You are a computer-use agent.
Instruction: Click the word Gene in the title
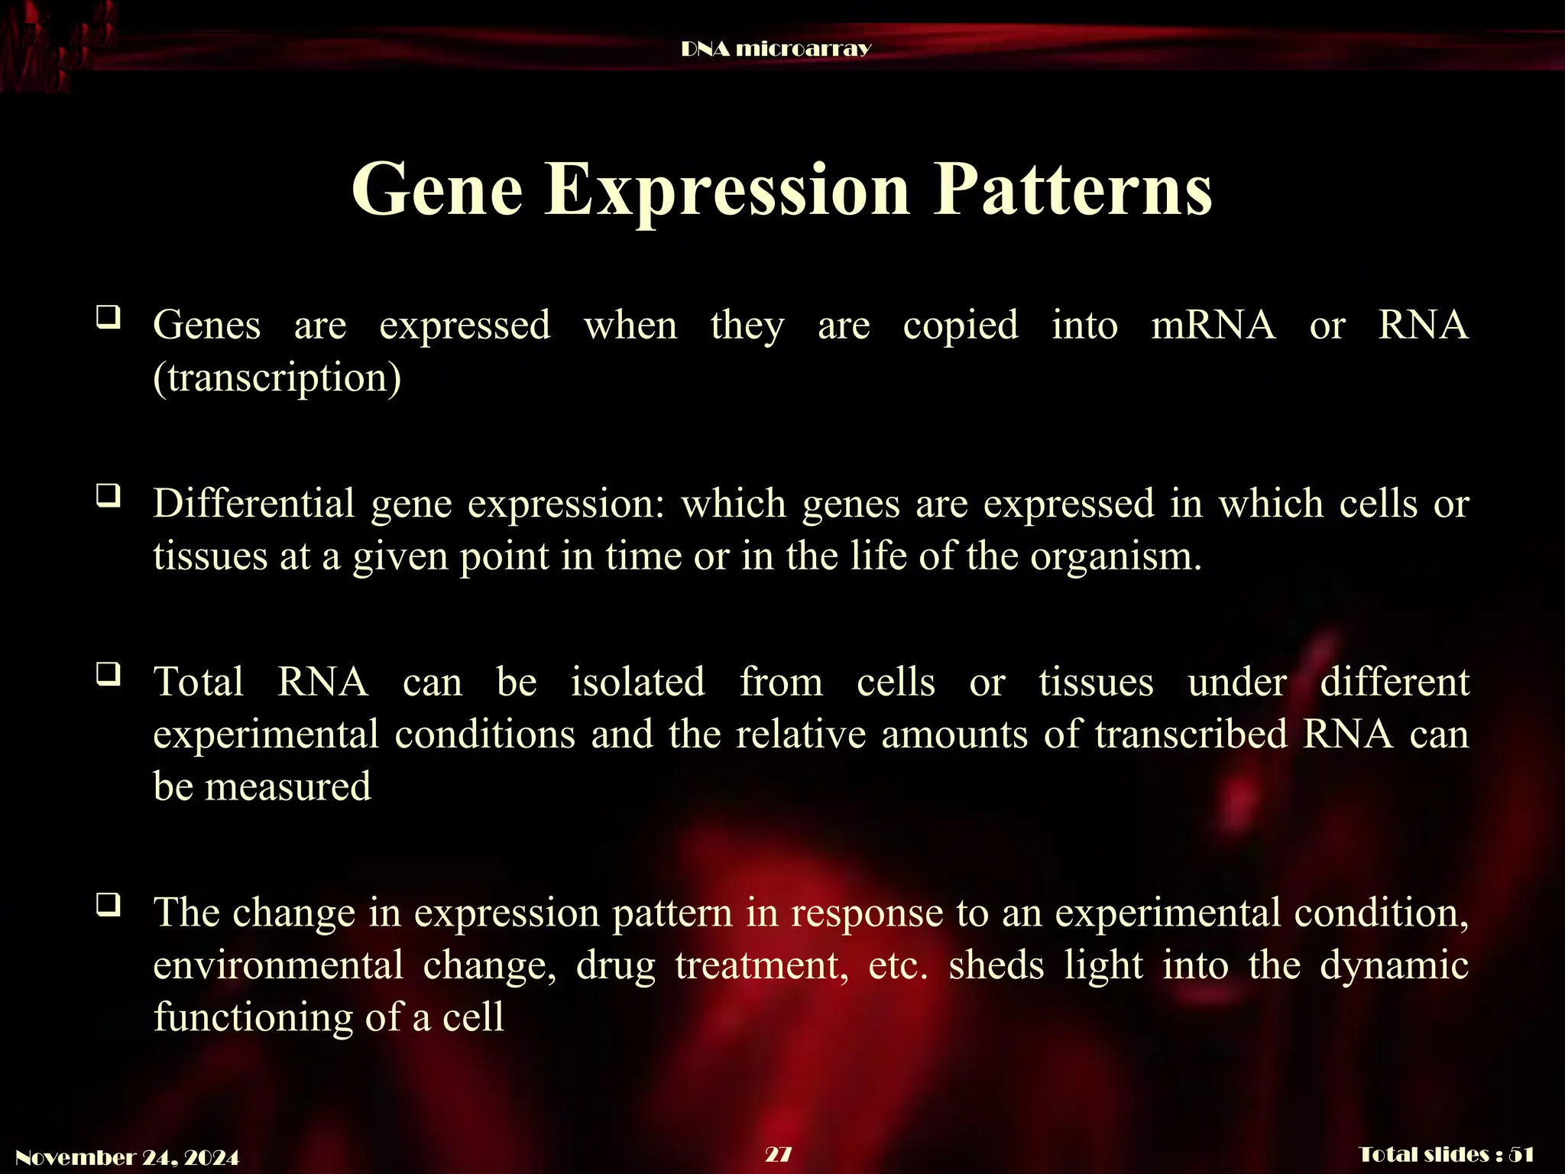pyautogui.click(x=437, y=190)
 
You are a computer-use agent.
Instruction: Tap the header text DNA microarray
pyautogui.click(x=776, y=50)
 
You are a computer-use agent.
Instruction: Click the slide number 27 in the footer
pyautogui.click(x=778, y=1154)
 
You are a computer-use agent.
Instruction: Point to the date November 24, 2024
pyautogui.click(x=128, y=1157)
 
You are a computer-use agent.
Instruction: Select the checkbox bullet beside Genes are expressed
pyautogui.click(x=108, y=316)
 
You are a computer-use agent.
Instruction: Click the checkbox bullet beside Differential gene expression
pyautogui.click(x=108, y=496)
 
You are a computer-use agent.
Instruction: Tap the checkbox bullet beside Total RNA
pyautogui.click(x=108, y=674)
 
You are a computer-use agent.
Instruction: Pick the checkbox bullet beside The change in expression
pyautogui.click(x=108, y=905)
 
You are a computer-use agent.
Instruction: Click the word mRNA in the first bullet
pyautogui.click(x=1213, y=325)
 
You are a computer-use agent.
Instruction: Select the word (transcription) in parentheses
pyautogui.click(x=277, y=378)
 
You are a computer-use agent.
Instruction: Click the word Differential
pyautogui.click(x=254, y=504)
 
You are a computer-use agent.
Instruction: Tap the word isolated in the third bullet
pyautogui.click(x=638, y=682)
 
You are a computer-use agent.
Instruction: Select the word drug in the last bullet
pyautogui.click(x=616, y=966)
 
